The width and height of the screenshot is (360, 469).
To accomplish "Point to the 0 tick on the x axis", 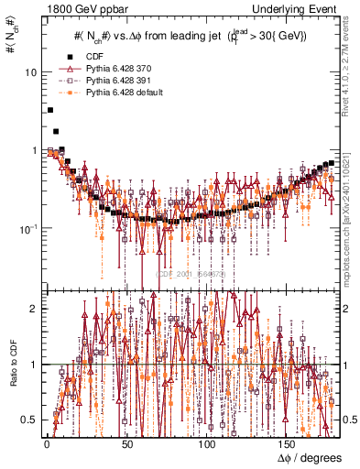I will (x=46, y=444).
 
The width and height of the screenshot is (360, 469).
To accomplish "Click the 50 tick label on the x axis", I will (x=126, y=444).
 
